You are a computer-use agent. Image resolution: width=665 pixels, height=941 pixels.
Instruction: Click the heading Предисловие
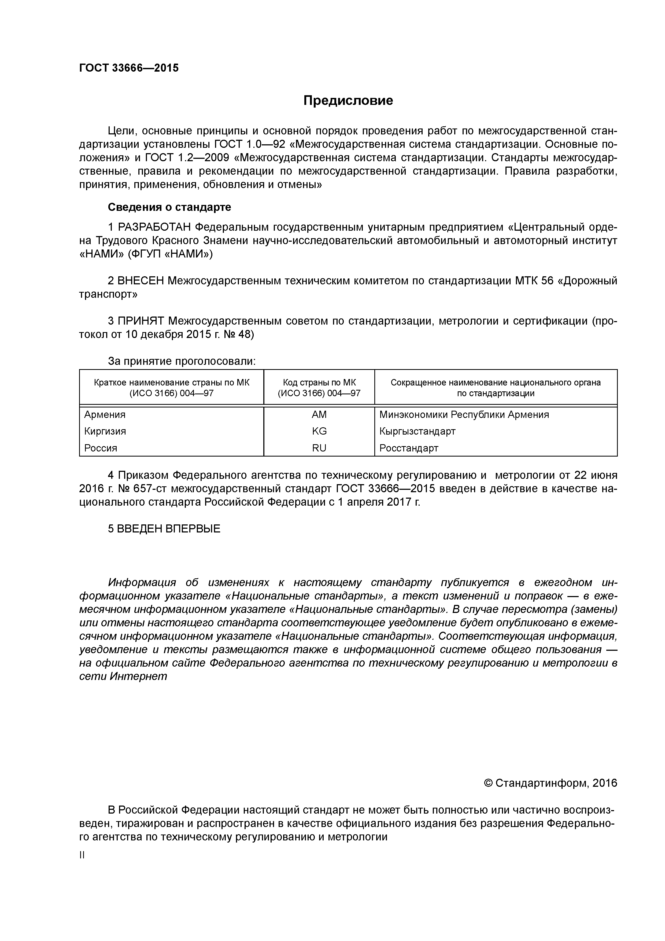[348, 100]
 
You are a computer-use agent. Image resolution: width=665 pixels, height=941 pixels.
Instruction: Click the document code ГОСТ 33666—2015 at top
[129, 68]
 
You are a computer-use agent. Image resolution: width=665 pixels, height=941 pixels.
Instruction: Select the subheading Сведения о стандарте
[169, 207]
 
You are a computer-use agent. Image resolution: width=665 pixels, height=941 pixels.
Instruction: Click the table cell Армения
[105, 415]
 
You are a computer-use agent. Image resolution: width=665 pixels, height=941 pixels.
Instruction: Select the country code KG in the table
[319, 431]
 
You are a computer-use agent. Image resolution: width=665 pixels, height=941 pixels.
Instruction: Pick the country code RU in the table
[319, 448]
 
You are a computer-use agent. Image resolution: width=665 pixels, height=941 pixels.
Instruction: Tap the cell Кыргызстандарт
[417, 431]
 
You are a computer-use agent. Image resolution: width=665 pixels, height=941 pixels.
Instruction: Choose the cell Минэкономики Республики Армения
[464, 415]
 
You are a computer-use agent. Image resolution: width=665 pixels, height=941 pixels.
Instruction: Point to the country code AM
[319, 415]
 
